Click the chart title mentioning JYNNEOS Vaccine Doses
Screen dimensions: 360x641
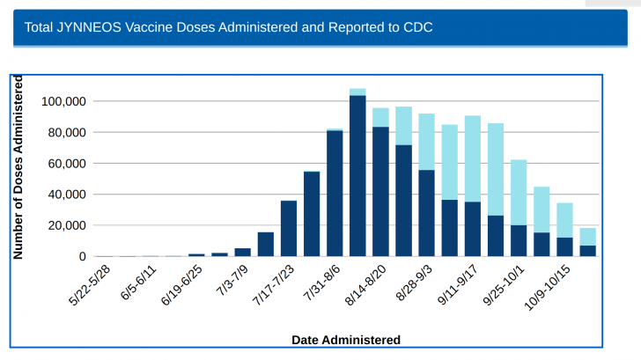pyautogui.click(x=229, y=27)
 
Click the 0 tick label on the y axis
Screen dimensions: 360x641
pyautogui.click(x=82, y=257)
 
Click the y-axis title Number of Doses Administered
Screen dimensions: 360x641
pyautogui.click(x=18, y=167)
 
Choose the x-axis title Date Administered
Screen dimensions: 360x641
pyautogui.click(x=345, y=340)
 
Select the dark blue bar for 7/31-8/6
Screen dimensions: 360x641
pyautogui.click(x=335, y=194)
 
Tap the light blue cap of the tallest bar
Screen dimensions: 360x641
pyautogui.click(x=357, y=92)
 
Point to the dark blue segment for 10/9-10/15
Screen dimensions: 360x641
pyautogui.click(x=564, y=247)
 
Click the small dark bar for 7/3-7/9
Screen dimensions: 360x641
pyautogui.click(x=242, y=252)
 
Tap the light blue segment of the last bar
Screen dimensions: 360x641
pyautogui.click(x=587, y=237)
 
